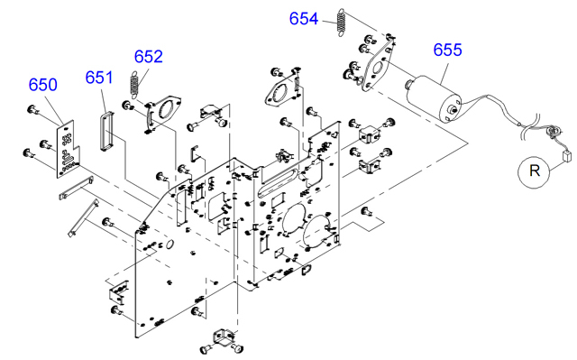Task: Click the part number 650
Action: [43, 85]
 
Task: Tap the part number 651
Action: [99, 78]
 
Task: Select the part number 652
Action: [148, 57]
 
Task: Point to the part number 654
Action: [304, 19]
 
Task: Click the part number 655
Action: [447, 50]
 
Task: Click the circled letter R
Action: [535, 171]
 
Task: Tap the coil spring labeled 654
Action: [342, 23]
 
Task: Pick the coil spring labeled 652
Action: [134, 85]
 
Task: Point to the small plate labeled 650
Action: [66, 150]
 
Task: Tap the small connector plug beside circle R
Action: [567, 156]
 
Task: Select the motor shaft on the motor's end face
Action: [453, 109]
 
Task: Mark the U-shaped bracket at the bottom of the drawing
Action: [223, 336]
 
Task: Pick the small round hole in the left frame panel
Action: [169, 244]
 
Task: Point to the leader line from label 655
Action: [444, 72]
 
